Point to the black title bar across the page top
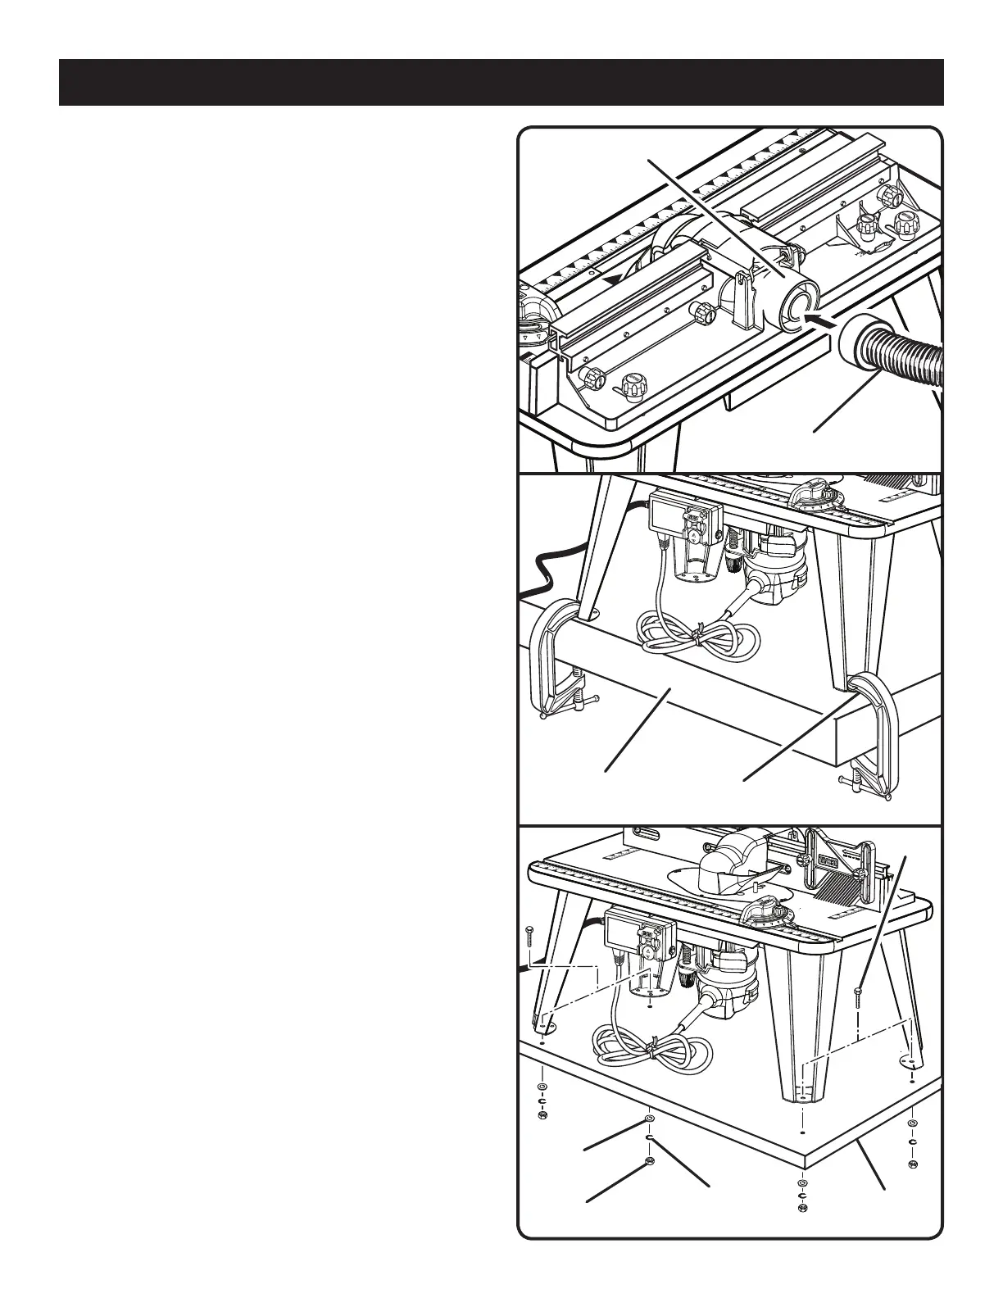(x=501, y=82)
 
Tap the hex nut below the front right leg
(x=802, y=1208)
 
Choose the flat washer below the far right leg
(x=913, y=1123)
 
